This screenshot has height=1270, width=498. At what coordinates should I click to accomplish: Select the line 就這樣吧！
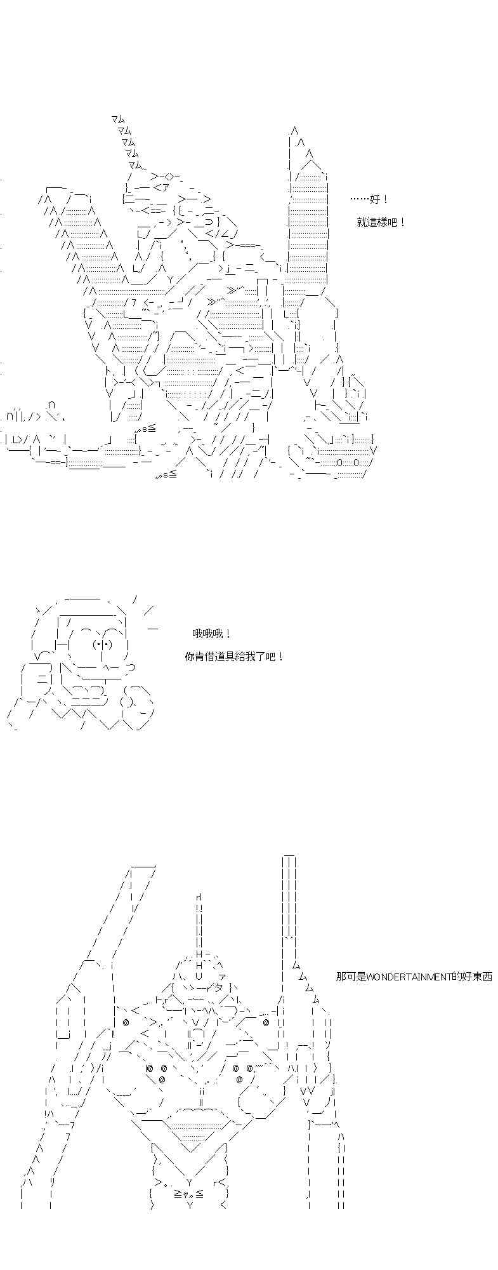[381, 222]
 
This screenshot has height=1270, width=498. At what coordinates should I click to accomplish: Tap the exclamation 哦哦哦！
[212, 634]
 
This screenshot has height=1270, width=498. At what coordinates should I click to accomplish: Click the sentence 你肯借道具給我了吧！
[234, 657]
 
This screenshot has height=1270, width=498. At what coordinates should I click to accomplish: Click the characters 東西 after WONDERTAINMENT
[482, 977]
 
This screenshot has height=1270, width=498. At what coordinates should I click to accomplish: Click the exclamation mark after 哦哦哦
[228, 634]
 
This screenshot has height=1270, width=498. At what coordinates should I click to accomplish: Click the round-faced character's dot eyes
[103, 645]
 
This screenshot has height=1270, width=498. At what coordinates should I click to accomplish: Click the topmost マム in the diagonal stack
[117, 119]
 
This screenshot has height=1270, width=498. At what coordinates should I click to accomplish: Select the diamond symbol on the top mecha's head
[167, 177]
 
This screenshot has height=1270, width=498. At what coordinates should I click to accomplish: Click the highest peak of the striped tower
[294, 130]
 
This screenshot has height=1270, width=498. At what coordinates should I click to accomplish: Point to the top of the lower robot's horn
[199, 897]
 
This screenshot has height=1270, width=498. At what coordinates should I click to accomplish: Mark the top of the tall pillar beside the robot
[289, 857]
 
